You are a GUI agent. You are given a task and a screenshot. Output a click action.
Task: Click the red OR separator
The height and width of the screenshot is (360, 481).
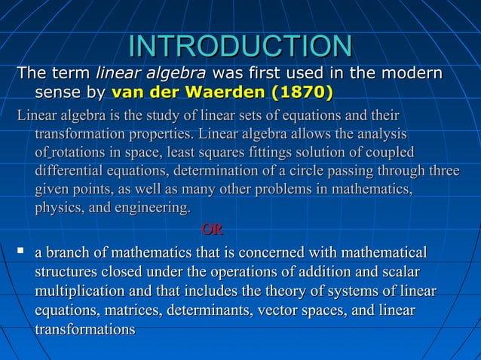tap(212, 228)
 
